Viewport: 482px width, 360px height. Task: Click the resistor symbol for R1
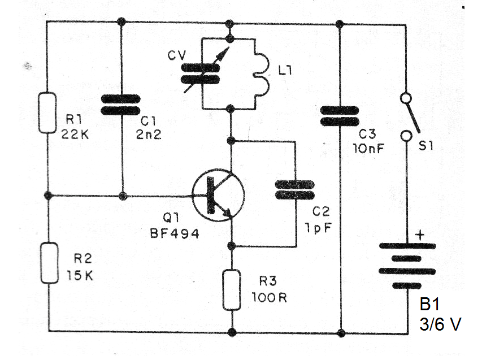click(48, 113)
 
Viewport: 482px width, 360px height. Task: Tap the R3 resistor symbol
click(232, 290)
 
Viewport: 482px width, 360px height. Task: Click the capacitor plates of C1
click(120, 105)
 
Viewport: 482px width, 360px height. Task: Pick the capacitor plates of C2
click(294, 190)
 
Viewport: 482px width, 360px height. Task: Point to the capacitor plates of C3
click(340, 116)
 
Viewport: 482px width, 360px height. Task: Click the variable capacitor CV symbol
click(201, 73)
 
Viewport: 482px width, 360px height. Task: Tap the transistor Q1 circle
click(218, 195)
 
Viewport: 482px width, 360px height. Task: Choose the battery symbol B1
click(407, 266)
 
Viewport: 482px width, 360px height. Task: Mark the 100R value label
click(269, 297)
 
